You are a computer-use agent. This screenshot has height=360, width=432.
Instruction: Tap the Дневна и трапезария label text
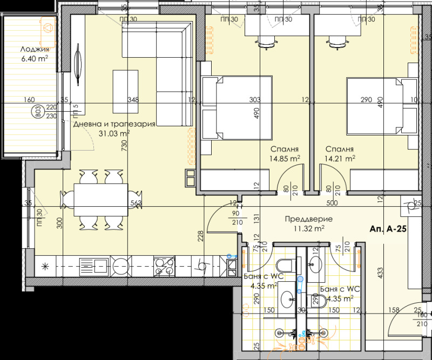[114, 124]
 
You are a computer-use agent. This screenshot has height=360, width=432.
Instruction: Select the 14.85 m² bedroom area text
[286, 159]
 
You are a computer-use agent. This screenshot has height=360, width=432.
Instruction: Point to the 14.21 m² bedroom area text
[340, 159]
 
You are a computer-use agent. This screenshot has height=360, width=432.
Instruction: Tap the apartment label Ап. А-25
[388, 229]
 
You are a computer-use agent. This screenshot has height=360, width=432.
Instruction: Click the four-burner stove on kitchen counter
[164, 265]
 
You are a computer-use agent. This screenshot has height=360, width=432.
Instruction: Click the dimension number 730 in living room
[125, 146]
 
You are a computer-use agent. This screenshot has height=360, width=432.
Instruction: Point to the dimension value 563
[136, 203]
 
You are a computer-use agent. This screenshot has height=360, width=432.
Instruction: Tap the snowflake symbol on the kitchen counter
[45, 265]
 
